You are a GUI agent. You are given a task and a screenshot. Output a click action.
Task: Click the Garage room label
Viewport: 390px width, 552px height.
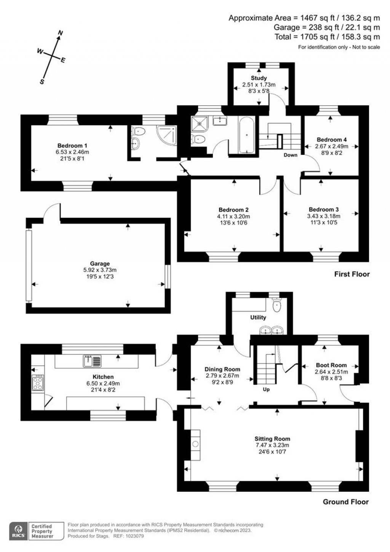100,263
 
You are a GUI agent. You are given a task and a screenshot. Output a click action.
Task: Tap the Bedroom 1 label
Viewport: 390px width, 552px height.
72,145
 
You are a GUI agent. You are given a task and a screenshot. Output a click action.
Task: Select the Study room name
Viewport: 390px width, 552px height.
259,78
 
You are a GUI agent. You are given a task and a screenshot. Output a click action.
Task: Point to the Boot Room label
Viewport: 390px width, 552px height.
331,365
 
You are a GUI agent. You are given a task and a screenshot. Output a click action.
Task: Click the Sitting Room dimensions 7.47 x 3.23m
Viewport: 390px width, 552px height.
272,445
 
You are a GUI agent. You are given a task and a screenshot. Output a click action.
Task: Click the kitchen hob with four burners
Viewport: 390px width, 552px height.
38,383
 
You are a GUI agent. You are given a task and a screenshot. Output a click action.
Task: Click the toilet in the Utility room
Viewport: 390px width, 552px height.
277,305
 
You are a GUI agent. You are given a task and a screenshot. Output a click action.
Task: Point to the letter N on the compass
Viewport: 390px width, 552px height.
60,33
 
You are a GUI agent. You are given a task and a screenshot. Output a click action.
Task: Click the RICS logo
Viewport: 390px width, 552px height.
18,531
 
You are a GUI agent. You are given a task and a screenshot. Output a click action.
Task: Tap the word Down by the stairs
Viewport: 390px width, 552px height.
290,155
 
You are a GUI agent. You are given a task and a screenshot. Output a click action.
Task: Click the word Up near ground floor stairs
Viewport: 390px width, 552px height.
266,389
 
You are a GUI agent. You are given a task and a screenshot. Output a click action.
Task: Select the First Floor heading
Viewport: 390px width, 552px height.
352,274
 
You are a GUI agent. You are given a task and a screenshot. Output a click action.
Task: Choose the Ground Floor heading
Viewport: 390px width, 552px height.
345,502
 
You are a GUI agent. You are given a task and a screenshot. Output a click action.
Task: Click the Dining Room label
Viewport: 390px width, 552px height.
222,369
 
